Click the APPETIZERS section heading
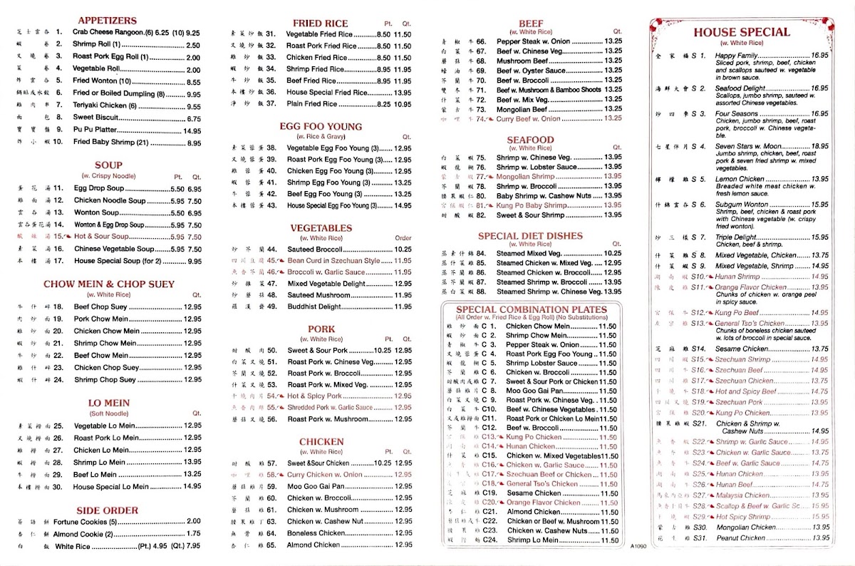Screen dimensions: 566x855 coord(107,21)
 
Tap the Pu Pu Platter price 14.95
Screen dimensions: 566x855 coord(192,131)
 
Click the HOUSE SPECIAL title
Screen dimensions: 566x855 coord(742,32)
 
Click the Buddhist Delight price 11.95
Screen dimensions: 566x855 coord(403,307)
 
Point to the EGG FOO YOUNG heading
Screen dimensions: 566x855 coord(321,127)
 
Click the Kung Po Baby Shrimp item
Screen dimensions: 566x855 coord(531,205)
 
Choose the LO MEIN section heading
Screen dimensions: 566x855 coord(108,403)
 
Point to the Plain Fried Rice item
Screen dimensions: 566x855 coord(312,104)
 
